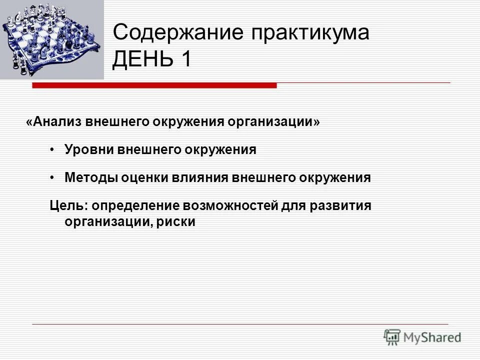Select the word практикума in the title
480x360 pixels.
[x=310, y=33]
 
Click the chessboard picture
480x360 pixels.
[x=51, y=39]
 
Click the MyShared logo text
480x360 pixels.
[x=433, y=337]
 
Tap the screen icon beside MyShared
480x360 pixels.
[x=392, y=336]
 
